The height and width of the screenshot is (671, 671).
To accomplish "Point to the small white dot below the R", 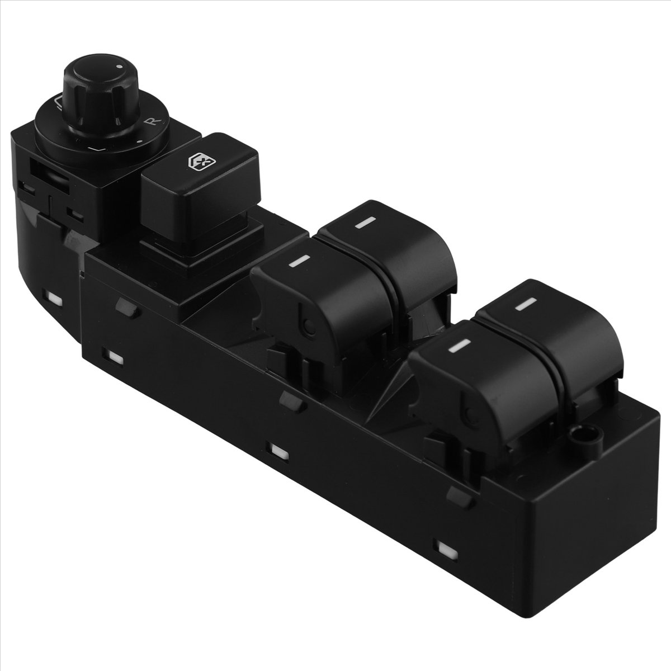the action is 139,141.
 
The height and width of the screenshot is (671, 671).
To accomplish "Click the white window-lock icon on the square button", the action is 202,163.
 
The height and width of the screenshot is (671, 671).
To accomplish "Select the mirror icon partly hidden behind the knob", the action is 57,104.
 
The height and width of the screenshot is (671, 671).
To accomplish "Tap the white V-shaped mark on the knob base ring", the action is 96,149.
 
